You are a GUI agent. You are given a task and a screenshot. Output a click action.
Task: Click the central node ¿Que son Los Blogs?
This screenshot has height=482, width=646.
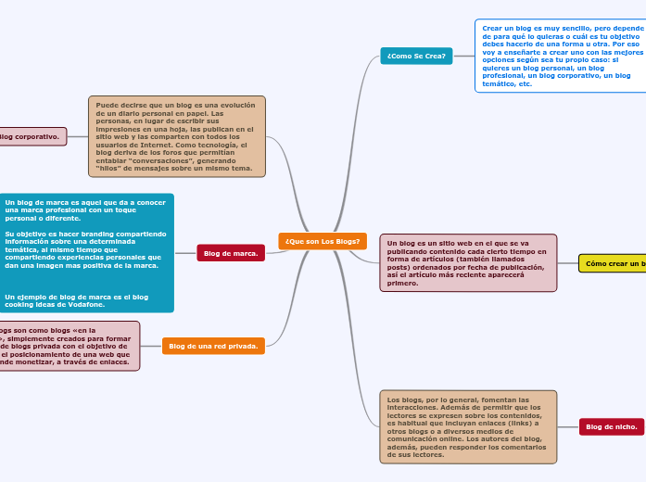pyautogui.click(x=323, y=241)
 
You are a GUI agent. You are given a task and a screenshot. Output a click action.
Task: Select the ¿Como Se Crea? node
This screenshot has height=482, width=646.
pyautogui.click(x=416, y=57)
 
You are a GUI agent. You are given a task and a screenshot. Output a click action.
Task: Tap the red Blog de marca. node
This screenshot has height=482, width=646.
pyautogui.click(x=231, y=253)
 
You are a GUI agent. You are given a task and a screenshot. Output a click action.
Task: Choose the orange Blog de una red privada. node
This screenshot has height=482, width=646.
pyautogui.click(x=213, y=346)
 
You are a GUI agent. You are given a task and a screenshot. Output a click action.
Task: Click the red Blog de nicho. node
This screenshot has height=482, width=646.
pyautogui.click(x=612, y=426)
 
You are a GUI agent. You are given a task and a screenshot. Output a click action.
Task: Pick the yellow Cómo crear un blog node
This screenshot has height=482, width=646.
pyautogui.click(x=614, y=263)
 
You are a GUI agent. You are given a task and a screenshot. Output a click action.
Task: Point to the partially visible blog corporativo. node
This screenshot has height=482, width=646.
pyautogui.click(x=32, y=136)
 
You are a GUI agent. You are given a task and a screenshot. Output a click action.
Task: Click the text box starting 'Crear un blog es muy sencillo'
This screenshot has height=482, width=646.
pyautogui.click(x=560, y=57)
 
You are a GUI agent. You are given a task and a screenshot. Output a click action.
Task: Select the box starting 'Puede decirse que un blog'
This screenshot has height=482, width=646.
pyautogui.click(x=176, y=136)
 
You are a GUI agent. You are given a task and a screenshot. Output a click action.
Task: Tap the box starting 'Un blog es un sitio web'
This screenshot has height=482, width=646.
pyautogui.click(x=468, y=262)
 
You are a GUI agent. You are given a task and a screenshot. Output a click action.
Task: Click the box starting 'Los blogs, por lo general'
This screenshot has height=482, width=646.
pyautogui.click(x=468, y=426)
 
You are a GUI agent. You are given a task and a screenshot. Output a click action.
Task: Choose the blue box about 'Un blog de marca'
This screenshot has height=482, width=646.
pyautogui.click(x=85, y=252)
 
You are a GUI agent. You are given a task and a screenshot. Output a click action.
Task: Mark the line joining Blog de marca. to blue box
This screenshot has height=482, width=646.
pyautogui.click(x=185, y=253)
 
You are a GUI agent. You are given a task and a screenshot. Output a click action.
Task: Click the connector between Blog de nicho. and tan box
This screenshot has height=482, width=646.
pyautogui.click(x=568, y=426)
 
